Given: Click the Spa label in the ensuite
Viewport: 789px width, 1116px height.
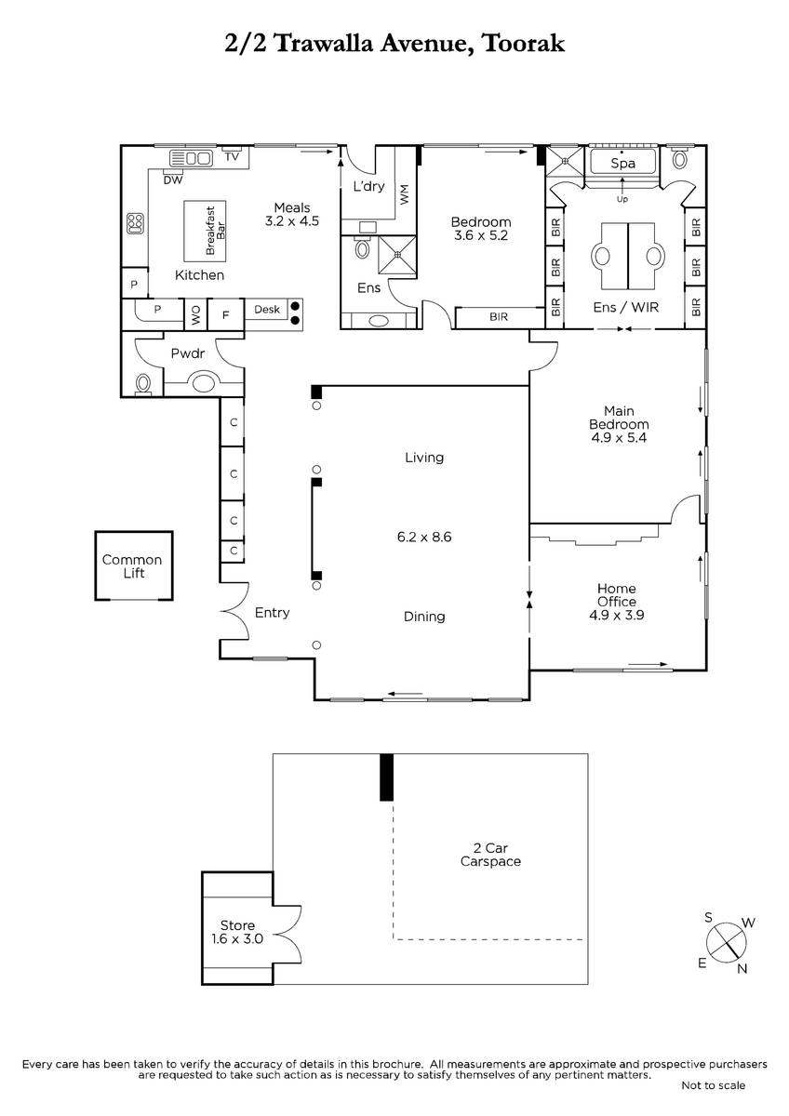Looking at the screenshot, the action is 622,164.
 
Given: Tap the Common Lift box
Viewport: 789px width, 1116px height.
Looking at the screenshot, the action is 134,565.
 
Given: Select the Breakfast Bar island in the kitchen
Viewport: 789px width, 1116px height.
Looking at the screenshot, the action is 205,232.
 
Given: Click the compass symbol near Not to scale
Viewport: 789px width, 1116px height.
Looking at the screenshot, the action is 727,943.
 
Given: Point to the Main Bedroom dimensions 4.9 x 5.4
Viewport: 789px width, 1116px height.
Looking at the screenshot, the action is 619,438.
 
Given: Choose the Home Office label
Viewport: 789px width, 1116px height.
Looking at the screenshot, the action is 617,595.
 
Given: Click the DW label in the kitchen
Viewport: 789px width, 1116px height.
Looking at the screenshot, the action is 173,179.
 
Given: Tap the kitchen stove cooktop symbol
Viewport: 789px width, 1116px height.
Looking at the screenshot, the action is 136,224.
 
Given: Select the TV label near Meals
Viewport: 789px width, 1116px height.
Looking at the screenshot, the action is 232,156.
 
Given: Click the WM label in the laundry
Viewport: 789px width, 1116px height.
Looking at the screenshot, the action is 404,194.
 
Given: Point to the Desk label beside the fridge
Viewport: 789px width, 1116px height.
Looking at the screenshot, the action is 267,310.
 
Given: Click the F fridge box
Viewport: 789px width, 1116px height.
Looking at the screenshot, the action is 226,314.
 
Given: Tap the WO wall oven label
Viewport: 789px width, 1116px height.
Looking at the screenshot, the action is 196,315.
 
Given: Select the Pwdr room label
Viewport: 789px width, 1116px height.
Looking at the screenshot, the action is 188,353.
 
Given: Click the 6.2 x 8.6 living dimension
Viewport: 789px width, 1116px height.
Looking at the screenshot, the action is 424,538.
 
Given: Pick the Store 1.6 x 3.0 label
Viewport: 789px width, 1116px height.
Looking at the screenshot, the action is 237,932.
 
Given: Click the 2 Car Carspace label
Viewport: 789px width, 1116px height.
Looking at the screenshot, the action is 490,855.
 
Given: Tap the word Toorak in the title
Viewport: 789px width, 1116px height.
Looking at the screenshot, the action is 524,43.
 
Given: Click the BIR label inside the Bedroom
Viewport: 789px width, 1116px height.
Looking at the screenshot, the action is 499,316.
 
